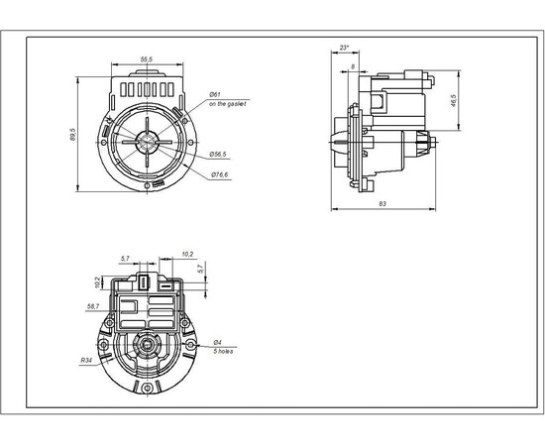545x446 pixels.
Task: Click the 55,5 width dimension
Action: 146,60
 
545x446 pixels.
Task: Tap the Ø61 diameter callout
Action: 214,95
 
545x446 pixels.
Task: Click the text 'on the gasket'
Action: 227,104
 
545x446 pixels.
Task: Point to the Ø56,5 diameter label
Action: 219,154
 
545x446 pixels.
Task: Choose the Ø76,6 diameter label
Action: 220,175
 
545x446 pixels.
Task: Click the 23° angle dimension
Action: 344,47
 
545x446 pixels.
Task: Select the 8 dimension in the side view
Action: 354,67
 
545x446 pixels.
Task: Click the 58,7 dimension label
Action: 93,306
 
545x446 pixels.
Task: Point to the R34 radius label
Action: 87,362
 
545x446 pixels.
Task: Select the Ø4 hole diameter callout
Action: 217,343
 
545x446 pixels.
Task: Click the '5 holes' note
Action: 223,352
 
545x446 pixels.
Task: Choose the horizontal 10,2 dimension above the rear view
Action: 187,254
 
